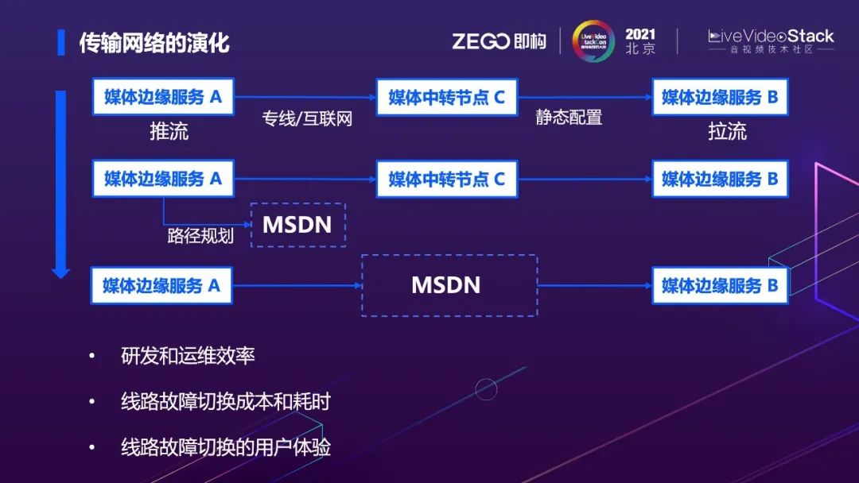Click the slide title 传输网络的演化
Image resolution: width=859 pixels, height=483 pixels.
tap(154, 42)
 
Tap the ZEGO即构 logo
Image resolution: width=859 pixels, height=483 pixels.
tap(499, 41)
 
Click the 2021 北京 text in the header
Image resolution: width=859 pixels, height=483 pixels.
tap(640, 41)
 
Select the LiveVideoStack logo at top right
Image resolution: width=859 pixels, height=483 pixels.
tap(771, 41)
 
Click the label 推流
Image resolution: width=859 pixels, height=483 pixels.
tap(169, 131)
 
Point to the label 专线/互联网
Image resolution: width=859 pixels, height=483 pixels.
tap(307, 119)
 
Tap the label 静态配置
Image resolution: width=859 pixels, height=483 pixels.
tap(569, 118)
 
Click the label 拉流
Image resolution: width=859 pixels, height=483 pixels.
tap(727, 131)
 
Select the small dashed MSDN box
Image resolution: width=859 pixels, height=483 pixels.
tap(297, 224)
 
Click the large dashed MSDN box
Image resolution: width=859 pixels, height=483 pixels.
tap(449, 285)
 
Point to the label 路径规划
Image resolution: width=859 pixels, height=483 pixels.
tap(200, 236)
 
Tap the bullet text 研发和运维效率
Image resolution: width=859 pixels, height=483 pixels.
tap(188, 356)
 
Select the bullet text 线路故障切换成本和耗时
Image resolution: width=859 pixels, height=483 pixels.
tap(225, 401)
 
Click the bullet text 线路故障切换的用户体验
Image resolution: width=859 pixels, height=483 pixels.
tap(225, 446)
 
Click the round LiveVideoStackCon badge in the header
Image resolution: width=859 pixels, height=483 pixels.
tap(593, 41)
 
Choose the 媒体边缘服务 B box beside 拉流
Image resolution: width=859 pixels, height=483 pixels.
tap(720, 97)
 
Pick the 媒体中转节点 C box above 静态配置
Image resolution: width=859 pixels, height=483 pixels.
tap(446, 97)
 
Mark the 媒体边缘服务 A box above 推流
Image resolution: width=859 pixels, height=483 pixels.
tap(163, 97)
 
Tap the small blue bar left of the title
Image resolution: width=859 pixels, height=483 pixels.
tap(61, 42)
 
